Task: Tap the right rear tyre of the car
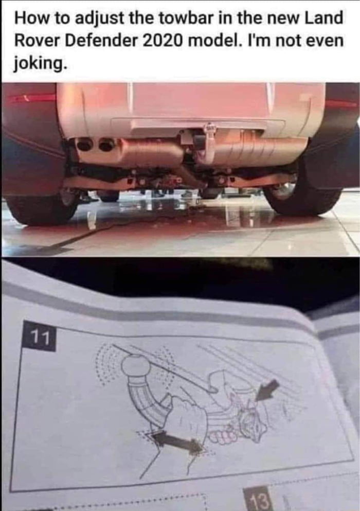pyautogui.click(x=303, y=198)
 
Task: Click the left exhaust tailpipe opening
pyautogui.click(x=84, y=145)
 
